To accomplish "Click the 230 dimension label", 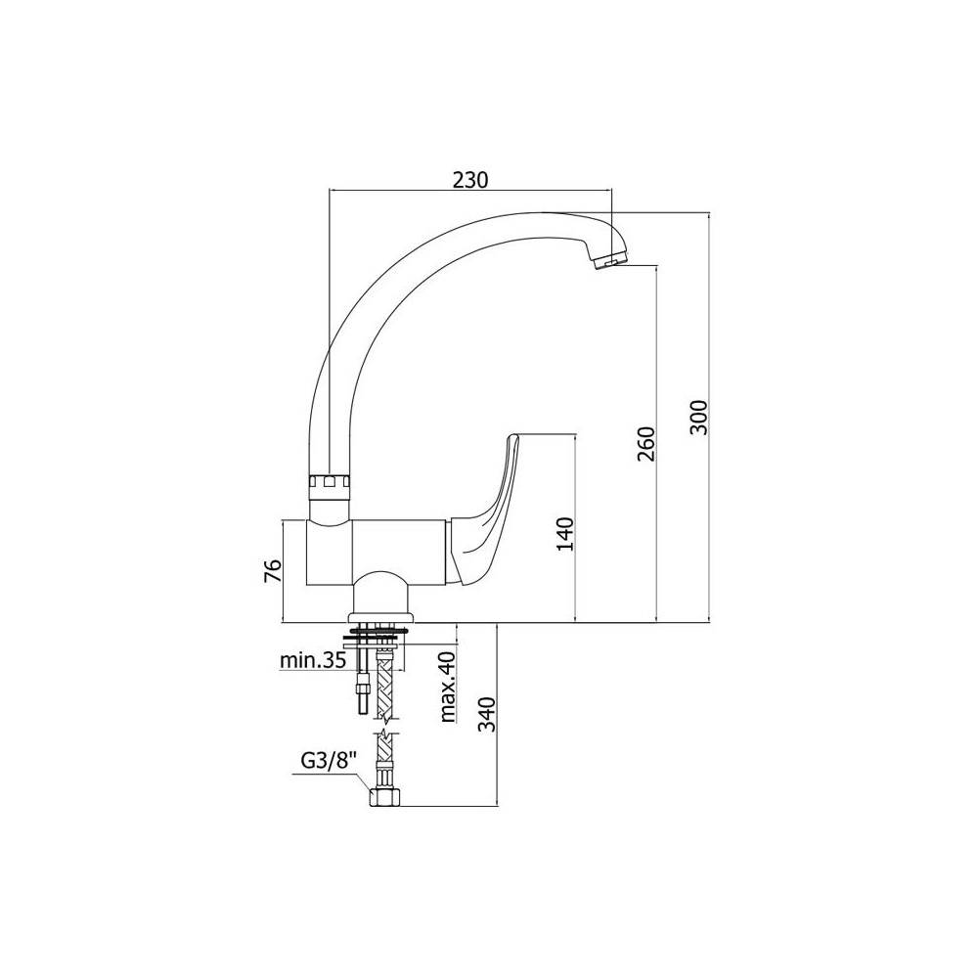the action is tap(470, 180).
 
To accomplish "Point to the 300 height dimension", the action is tap(700, 418).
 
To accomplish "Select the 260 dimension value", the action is tap(646, 443).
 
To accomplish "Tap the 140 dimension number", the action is tap(565, 533).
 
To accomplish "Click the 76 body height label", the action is tap(273, 571).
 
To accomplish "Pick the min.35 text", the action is tap(312, 660).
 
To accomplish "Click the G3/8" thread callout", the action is tap(329, 760).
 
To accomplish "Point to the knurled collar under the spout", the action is tap(330, 483).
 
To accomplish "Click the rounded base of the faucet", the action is tap(381, 596).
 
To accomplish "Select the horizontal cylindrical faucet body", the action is tap(378, 553).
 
